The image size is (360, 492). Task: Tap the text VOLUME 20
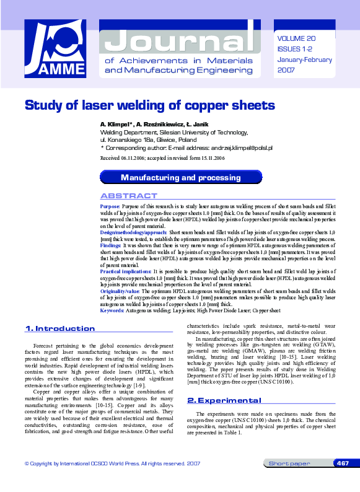click(x=297, y=38)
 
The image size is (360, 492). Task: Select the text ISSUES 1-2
click(x=295, y=49)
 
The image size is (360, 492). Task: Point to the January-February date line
click(x=305, y=60)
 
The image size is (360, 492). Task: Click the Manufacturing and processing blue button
click(x=181, y=177)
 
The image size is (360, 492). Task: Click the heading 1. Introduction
click(x=59, y=328)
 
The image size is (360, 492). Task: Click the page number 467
click(x=343, y=480)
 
